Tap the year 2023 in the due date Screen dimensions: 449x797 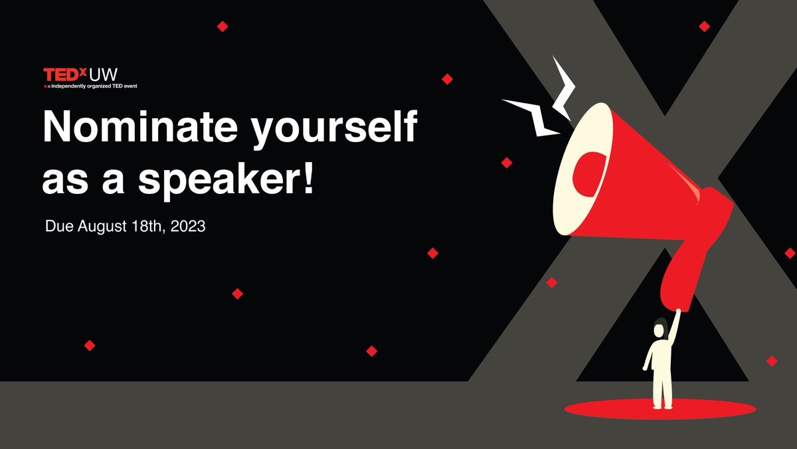(x=187, y=226)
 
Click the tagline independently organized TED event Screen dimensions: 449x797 (x=93, y=86)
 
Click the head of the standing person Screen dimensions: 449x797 (x=660, y=329)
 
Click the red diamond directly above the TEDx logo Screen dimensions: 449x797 (x=222, y=26)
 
